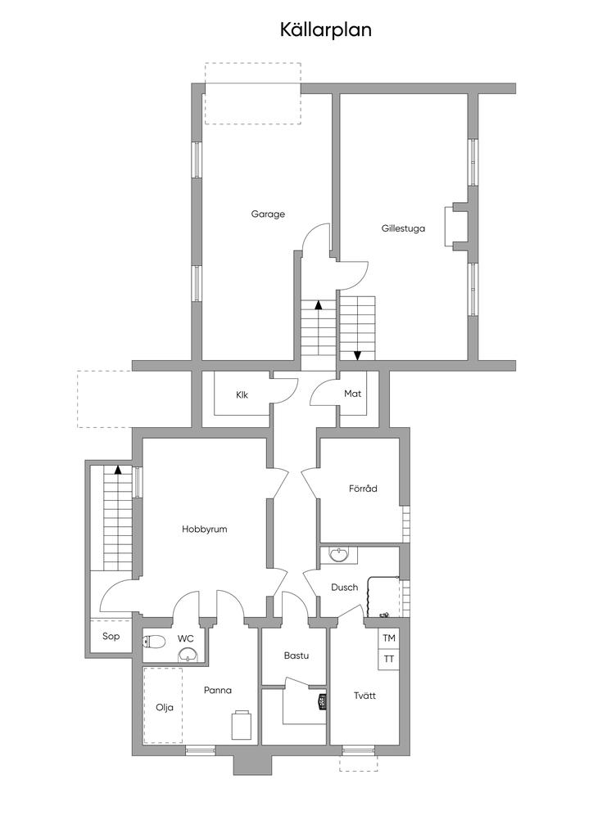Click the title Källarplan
point(326,30)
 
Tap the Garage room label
point(268,214)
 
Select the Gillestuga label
point(403,229)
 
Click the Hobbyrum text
point(204,529)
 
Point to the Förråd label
point(363,489)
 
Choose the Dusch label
point(344,587)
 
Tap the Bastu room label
point(296,656)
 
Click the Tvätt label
point(364,696)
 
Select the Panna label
point(218,690)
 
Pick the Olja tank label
point(165,708)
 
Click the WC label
point(186,638)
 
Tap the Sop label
point(111,636)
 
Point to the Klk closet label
point(242,394)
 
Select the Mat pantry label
point(352,394)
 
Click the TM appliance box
point(389,638)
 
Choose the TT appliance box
point(389,659)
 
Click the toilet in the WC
point(154,641)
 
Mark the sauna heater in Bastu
point(322,701)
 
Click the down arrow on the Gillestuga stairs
point(357,354)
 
